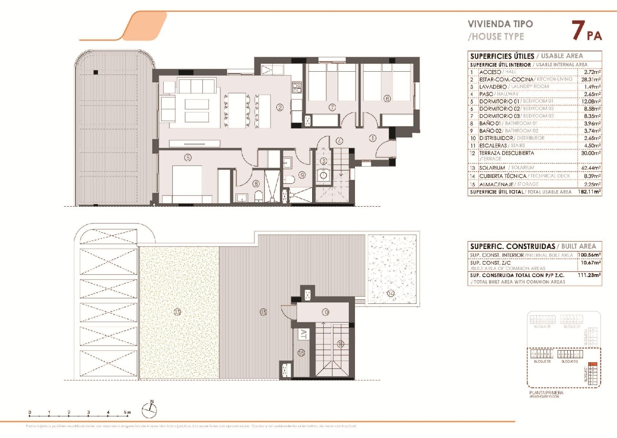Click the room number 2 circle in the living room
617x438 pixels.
[280, 107]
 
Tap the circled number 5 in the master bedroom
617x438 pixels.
[188, 157]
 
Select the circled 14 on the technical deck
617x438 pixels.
[390, 293]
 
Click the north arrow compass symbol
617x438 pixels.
[150, 410]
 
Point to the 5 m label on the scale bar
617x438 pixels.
[128, 412]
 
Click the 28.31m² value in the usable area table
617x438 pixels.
[591, 79]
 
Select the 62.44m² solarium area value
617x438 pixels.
[591, 168]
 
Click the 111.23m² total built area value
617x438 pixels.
[589, 275]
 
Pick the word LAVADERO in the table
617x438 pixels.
[493, 87]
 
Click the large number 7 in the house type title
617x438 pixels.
[578, 30]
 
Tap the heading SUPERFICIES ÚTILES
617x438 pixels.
[502, 56]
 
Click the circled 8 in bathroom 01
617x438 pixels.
[256, 184]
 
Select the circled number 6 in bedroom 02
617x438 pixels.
[387, 99]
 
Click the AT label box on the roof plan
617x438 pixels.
[304, 334]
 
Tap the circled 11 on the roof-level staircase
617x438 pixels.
[340, 344]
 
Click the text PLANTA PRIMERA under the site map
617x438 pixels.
[546, 393]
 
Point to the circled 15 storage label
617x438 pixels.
[302, 353]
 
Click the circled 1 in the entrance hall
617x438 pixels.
[372, 138]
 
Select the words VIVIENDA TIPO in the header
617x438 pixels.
[500, 24]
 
